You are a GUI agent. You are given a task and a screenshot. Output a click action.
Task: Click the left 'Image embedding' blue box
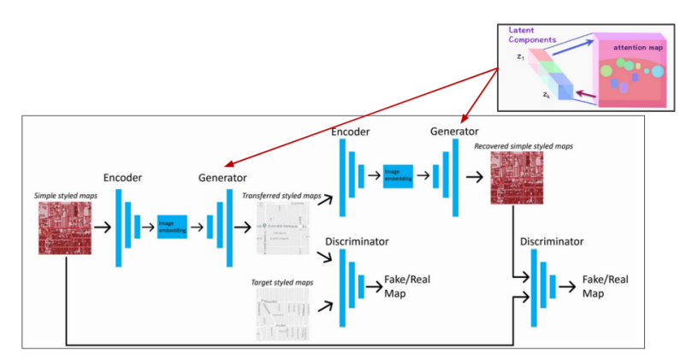click(x=172, y=227)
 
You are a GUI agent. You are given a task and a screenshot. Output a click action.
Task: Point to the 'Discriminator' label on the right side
click(x=553, y=242)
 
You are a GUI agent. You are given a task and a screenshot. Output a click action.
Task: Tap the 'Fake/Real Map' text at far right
click(x=606, y=286)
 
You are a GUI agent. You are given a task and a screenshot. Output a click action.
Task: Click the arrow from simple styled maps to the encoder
click(x=100, y=227)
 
